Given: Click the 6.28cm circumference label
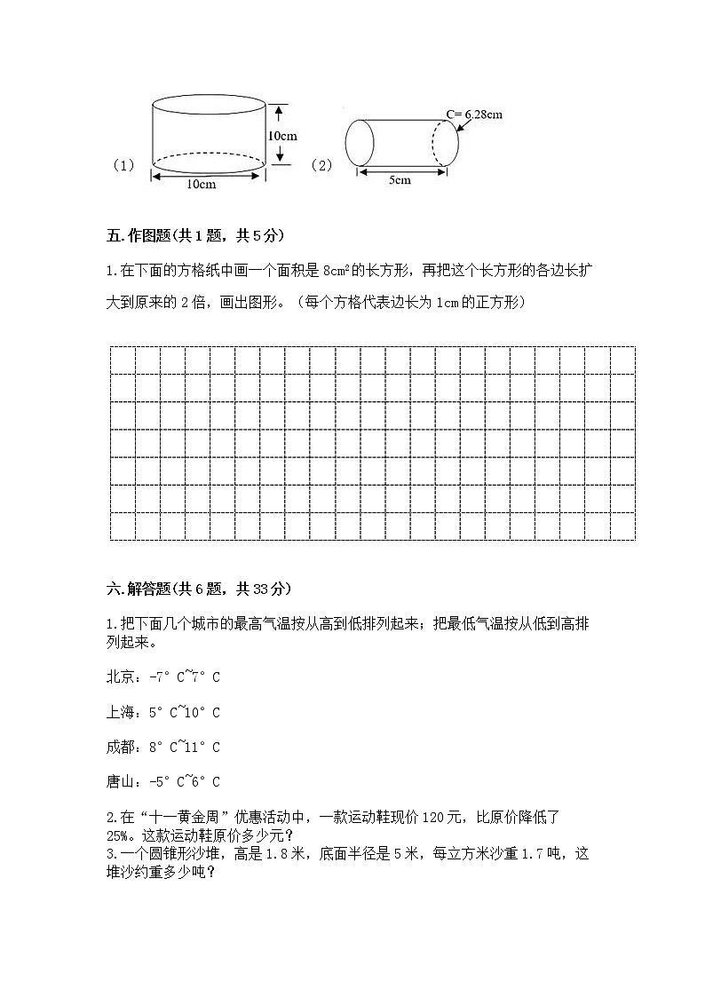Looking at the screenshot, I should coord(475,114).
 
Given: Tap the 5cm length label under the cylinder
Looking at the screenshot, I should coord(400,181).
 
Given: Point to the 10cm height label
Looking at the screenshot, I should coord(282,136).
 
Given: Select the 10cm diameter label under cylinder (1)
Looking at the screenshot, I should coord(202,185).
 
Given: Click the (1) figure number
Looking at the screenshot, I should coord(123,165).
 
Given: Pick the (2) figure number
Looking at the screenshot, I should coord(321,165).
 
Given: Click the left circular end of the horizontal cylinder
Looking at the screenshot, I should coord(359,142).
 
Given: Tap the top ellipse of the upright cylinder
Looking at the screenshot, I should coord(209,105).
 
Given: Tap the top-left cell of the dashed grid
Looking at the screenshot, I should coord(123,360).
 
